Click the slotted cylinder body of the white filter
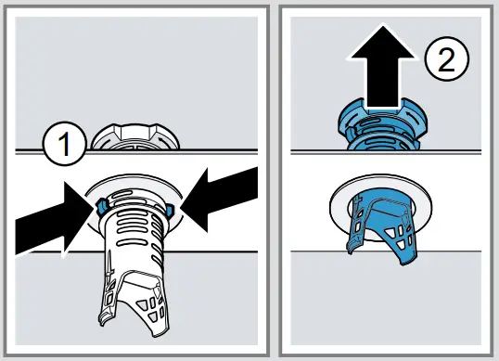coord(135,232)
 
